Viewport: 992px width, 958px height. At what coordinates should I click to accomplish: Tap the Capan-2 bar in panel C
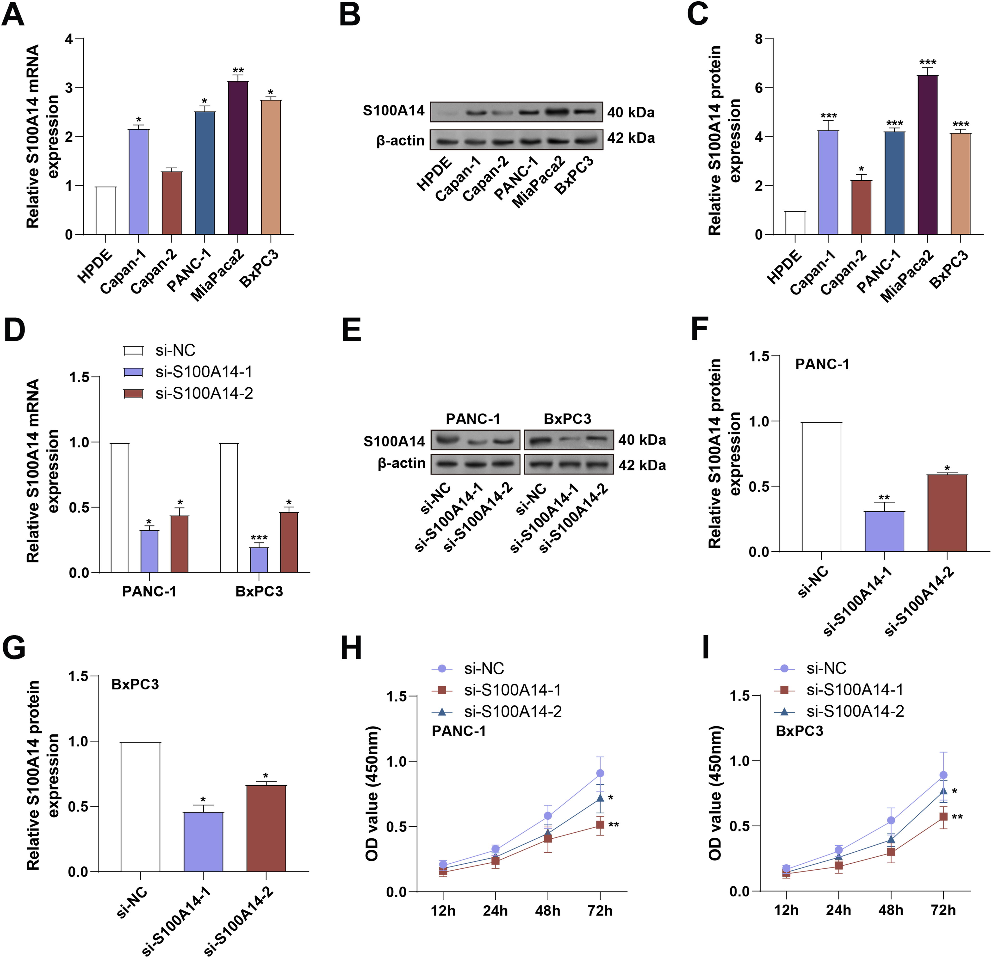pos(861,207)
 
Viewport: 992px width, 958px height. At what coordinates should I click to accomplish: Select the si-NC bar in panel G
pos(140,807)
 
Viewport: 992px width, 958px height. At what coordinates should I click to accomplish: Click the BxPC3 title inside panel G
pos(135,684)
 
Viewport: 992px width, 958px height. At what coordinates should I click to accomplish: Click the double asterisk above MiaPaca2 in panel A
pos(238,70)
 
